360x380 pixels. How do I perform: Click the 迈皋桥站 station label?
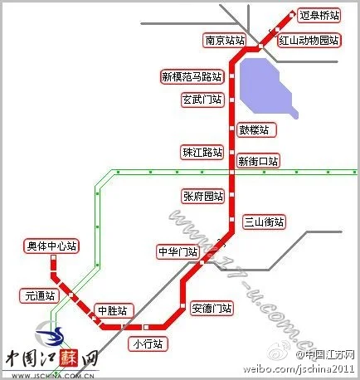pos(319,15)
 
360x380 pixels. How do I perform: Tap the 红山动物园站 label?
pos(309,40)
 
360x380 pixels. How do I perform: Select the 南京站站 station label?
pos(225,40)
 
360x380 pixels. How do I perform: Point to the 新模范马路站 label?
pos(192,76)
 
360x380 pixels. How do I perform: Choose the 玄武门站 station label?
pos(202,100)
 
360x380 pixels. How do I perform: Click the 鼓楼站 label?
pos(256,129)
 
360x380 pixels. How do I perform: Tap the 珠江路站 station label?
pos(203,152)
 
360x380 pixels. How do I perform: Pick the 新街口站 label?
pos(258,160)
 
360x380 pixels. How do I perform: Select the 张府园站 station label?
pos(203,196)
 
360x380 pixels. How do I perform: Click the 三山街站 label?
pos(264,222)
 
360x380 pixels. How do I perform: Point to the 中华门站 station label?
pos(178,251)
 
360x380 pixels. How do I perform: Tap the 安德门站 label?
pos(211,309)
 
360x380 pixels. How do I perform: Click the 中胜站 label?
pos(112,310)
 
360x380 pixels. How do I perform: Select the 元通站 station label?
pos(40,295)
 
